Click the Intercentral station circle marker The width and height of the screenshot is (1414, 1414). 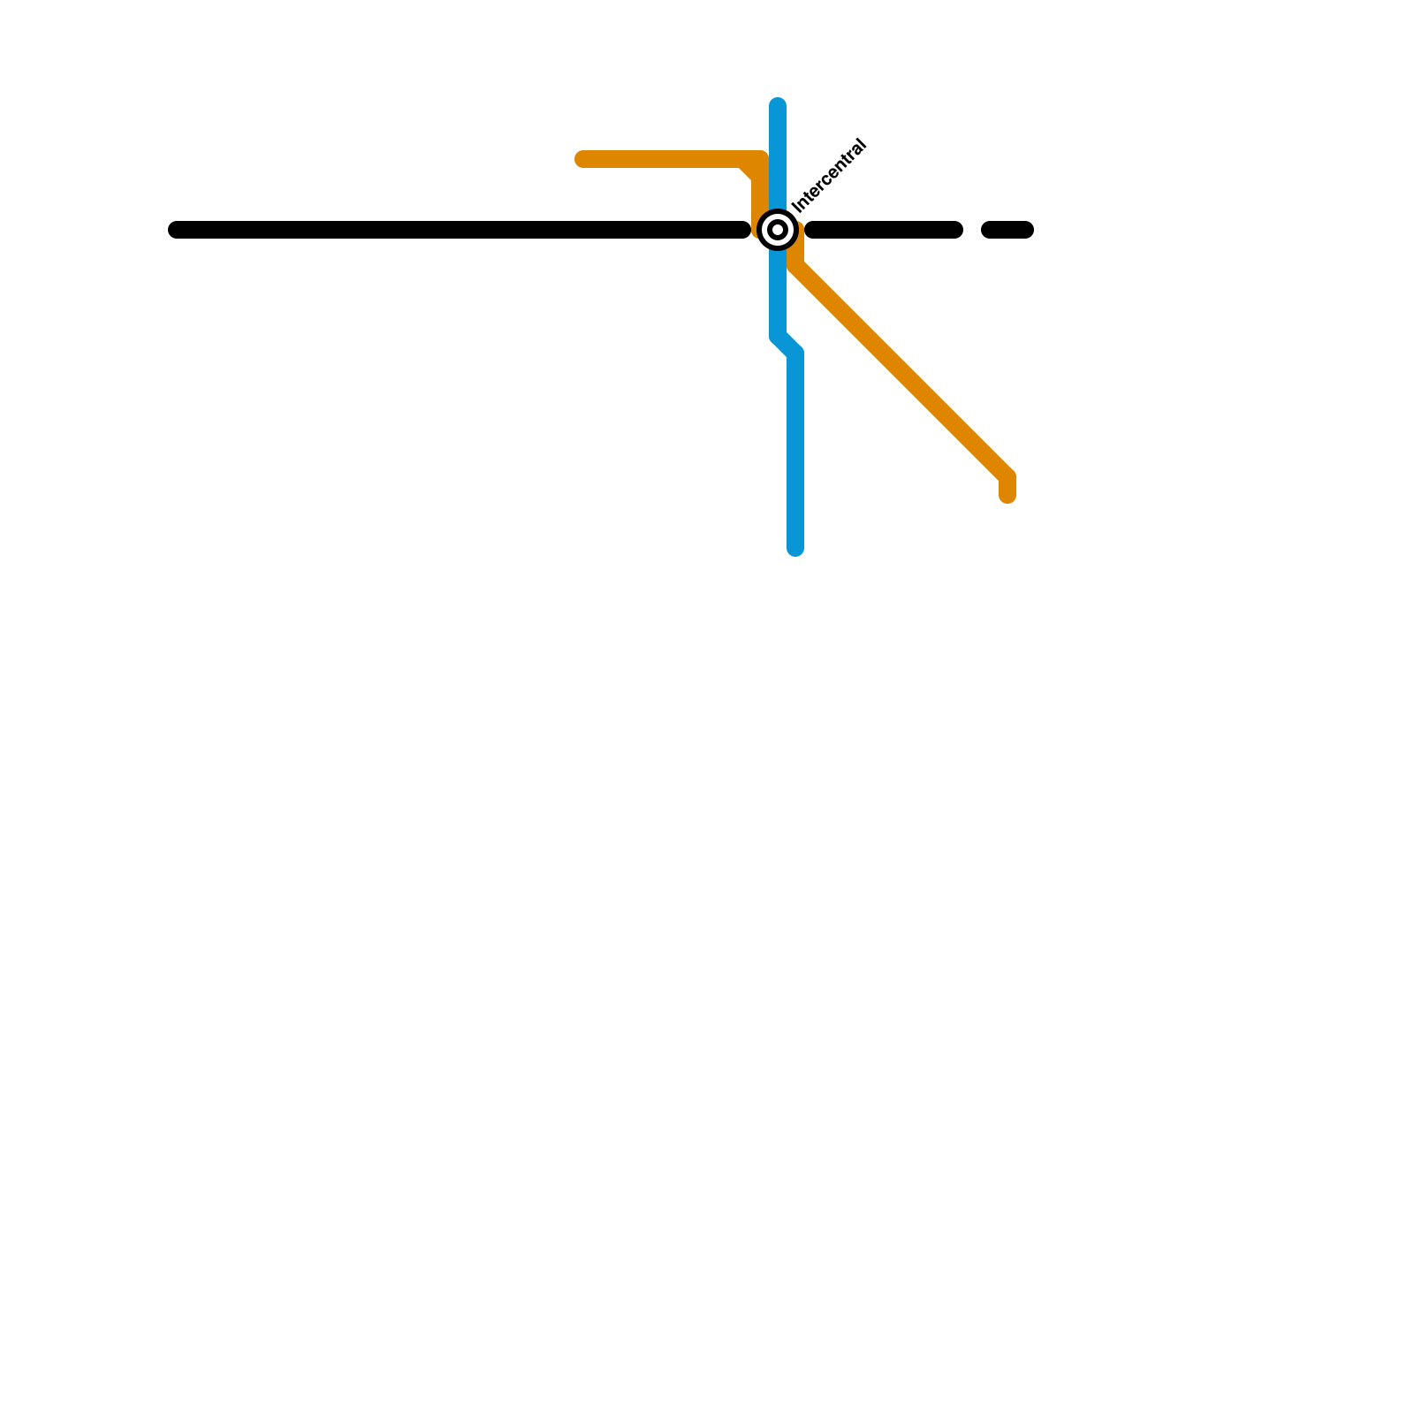click(778, 230)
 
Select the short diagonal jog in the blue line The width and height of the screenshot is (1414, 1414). click(787, 345)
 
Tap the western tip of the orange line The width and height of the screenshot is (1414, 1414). click(582, 159)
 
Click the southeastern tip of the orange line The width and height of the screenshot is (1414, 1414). click(1007, 496)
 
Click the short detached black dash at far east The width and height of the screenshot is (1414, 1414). click(1007, 230)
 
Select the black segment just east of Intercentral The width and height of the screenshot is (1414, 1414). click(884, 230)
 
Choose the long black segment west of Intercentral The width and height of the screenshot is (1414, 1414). click(460, 230)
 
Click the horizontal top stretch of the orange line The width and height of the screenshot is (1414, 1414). click(663, 159)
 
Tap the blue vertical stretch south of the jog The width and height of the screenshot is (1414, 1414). click(795, 451)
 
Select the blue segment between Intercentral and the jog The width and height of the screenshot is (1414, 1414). click(778, 292)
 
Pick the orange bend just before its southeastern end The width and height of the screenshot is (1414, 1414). click(1007, 475)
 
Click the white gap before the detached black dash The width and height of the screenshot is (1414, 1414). click(972, 230)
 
